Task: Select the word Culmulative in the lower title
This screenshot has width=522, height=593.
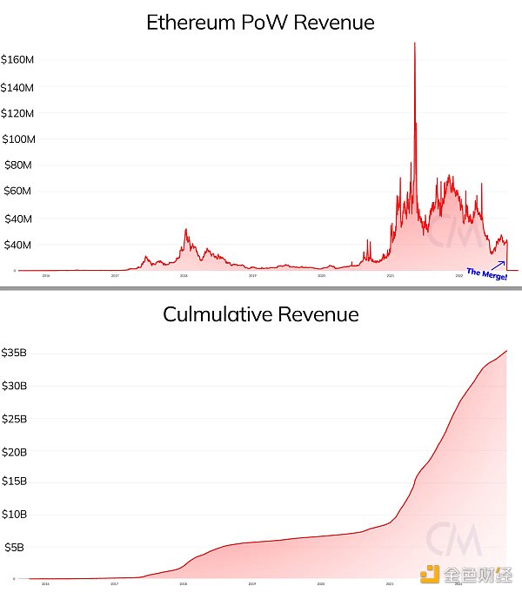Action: (x=217, y=314)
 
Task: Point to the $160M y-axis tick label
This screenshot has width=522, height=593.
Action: (x=17, y=60)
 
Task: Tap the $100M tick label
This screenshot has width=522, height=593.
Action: (x=17, y=139)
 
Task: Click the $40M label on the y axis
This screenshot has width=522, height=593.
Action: (x=17, y=245)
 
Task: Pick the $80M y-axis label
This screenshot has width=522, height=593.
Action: (x=17, y=165)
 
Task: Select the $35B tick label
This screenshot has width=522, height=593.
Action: (x=15, y=353)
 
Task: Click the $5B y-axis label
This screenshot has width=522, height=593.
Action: (x=13, y=547)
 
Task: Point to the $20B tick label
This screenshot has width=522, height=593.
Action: (x=15, y=451)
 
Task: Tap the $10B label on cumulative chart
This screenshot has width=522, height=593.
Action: (x=15, y=514)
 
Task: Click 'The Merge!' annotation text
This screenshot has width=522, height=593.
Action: (x=485, y=273)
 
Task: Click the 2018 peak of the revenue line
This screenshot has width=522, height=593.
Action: (x=185, y=230)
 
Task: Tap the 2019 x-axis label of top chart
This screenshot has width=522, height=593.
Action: (x=252, y=275)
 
